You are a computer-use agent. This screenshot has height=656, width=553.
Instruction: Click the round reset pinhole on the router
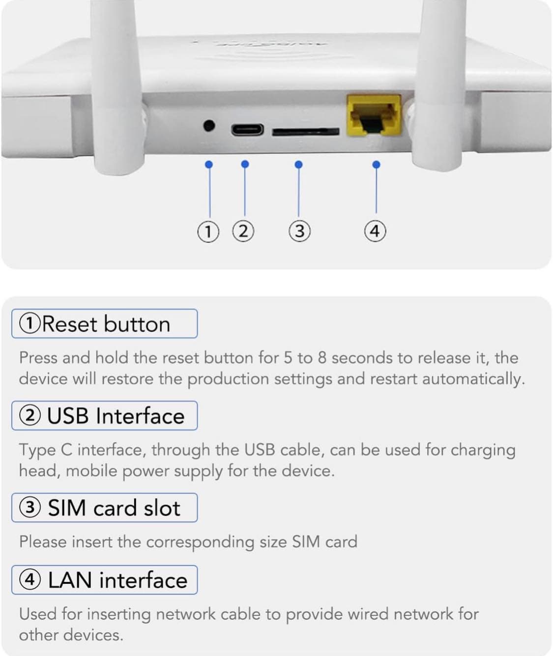209,126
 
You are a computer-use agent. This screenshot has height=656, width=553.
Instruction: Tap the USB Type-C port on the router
247,129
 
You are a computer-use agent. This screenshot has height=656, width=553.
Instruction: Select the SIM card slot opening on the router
306,132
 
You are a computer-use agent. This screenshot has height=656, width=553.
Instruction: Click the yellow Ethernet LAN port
374,115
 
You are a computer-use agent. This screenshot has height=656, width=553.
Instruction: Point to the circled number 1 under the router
208,232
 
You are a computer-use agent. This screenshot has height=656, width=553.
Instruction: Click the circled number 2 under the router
243,231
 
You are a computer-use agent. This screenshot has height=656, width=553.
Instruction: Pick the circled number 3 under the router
300,231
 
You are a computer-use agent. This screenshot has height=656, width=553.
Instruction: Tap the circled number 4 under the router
375,231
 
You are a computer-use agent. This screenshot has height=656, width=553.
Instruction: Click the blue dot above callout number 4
376,165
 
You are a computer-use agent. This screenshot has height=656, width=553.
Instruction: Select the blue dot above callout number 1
209,165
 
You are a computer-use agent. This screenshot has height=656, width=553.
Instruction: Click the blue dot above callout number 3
299,165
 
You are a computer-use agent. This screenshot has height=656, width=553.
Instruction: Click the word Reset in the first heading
69,324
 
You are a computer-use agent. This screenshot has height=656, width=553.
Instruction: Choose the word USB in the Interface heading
68,416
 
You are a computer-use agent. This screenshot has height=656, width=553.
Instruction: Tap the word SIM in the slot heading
67,508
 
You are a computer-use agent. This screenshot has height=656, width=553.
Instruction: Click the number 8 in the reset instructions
322,358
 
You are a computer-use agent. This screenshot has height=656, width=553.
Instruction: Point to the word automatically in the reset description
473,379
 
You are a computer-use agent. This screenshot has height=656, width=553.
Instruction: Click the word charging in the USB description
483,451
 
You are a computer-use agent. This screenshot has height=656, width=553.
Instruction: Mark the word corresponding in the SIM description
200,542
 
